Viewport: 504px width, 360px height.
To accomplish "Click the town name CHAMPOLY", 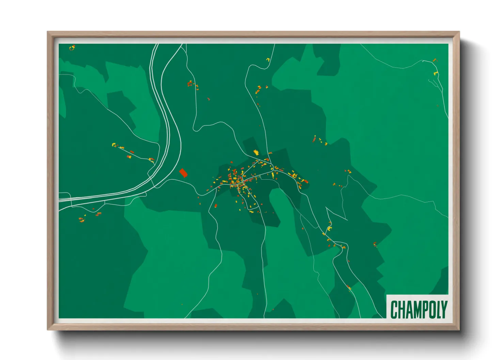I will point(418,309).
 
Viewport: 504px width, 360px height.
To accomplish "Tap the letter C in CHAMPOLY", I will point(394,309).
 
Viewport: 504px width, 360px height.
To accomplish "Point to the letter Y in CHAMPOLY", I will point(443,309).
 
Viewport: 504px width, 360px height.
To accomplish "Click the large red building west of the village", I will point(183,173).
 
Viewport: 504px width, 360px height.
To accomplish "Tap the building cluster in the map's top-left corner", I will point(72,47).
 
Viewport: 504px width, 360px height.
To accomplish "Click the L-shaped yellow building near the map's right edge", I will point(435,73).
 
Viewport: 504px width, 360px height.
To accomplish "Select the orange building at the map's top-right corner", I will point(434,60).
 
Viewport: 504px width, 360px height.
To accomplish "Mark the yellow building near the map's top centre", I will point(268,60).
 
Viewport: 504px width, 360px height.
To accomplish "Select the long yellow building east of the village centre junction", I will point(273,175).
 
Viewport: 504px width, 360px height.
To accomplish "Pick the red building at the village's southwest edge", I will point(216,206).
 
